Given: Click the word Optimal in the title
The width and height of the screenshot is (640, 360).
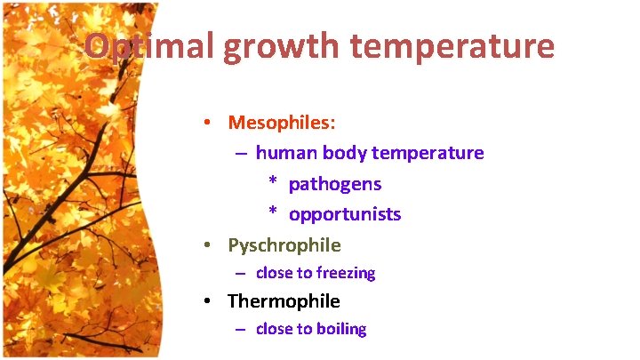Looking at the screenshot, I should (148, 46).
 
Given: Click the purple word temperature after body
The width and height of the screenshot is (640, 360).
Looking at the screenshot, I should (428, 153).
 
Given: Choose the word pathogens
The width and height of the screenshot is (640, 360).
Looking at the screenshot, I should (335, 184).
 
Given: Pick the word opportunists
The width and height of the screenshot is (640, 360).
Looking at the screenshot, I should (345, 214).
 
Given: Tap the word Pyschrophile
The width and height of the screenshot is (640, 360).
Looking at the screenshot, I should (284, 244).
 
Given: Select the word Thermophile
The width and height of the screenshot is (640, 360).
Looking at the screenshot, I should (284, 301).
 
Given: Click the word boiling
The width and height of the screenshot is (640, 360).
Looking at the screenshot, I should (341, 329).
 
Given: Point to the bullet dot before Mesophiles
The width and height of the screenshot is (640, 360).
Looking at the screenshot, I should (205, 123).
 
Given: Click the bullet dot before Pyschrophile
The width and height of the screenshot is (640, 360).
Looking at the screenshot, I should (205, 245).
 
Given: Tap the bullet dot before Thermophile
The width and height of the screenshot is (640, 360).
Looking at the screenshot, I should (205, 302).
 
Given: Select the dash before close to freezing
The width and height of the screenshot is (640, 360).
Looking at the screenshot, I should (240, 273).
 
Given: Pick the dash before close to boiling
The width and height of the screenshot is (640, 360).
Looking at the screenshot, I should (240, 329).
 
